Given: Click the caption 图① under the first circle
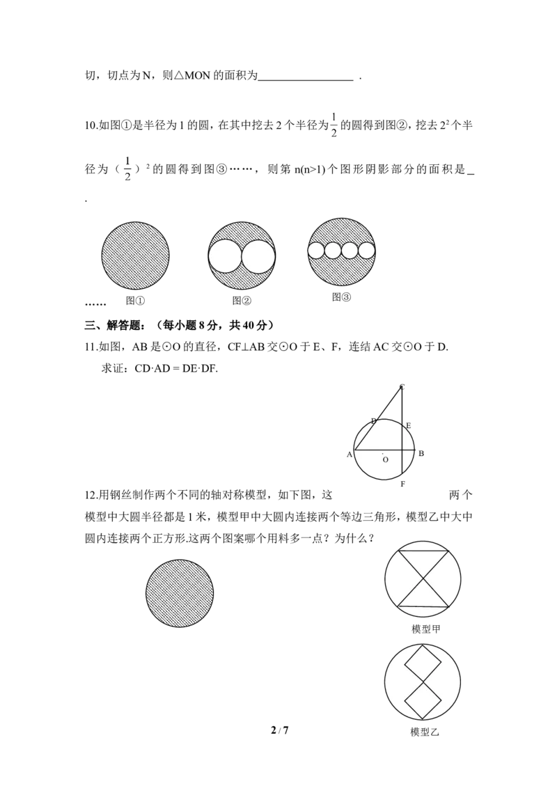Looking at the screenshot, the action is point(135,301).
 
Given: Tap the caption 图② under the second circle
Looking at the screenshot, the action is point(242,301).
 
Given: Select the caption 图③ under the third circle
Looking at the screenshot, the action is point(341,297).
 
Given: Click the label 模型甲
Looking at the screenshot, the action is point(426,629).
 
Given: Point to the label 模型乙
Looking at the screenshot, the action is point(425,732).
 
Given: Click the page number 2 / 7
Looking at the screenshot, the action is point(279,730).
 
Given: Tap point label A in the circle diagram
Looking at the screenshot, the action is point(350,455).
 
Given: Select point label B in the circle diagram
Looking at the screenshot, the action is point(421,453).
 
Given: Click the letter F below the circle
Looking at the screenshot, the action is point(402,484).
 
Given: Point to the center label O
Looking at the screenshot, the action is point(386,459).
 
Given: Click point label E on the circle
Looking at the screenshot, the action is point(408,425).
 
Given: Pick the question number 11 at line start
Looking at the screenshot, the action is point(91,347).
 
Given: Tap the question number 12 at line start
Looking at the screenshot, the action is point(91,496).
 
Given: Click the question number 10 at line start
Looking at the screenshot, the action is point(91,125).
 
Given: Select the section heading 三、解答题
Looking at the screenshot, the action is point(114,326).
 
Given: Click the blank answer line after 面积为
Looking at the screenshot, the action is point(306,79).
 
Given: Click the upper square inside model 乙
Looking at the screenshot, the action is point(423,665).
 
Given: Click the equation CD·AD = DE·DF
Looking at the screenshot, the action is point(176,368).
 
